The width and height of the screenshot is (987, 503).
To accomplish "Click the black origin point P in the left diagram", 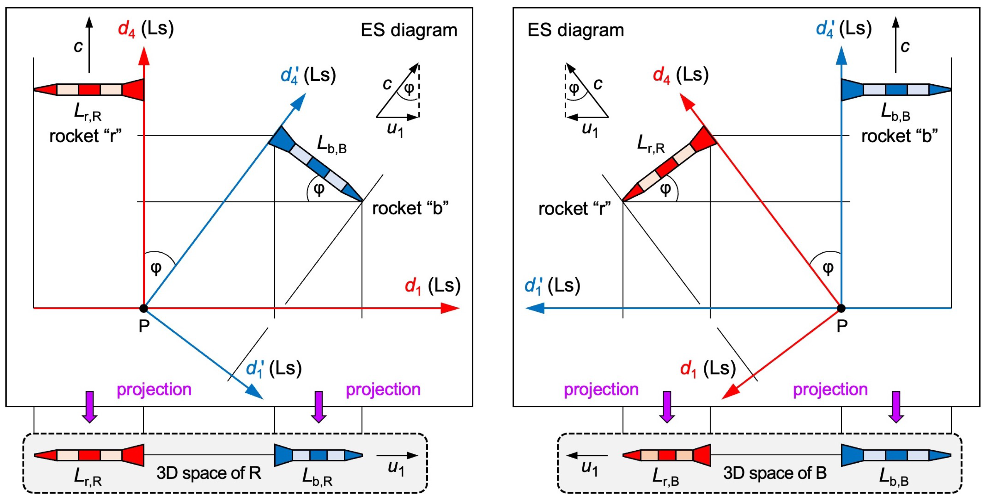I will (x=143, y=308).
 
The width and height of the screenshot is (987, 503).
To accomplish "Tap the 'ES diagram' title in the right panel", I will (x=576, y=30).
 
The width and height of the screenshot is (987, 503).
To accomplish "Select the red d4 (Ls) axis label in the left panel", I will (x=146, y=29).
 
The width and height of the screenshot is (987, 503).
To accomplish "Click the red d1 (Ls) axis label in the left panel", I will (x=432, y=286).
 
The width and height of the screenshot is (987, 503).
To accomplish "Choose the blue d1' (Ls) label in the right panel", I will (x=552, y=286).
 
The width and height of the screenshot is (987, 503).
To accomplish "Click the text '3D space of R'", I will (x=209, y=473).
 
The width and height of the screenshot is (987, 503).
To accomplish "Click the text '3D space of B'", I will (x=775, y=473).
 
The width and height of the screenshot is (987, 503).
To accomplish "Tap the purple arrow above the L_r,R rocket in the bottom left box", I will (x=89, y=407).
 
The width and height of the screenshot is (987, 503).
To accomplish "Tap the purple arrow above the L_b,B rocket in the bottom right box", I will (x=896, y=407).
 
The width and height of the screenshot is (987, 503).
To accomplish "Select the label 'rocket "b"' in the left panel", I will (x=410, y=208).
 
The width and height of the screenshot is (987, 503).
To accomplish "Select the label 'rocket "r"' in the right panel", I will (x=574, y=209).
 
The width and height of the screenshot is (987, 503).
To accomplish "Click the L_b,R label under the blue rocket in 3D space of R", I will (x=317, y=477).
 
